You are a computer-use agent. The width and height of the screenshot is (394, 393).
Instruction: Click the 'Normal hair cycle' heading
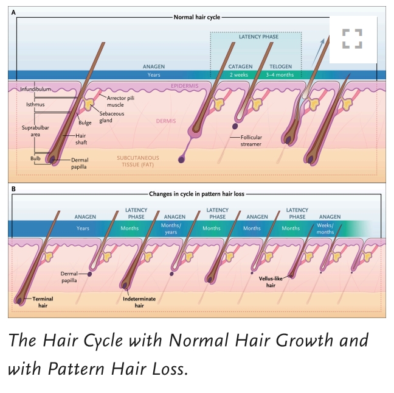tap(197, 17)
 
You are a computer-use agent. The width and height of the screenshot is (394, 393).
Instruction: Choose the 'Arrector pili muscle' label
tap(123, 101)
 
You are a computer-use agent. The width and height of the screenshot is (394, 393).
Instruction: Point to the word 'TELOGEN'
tap(279, 66)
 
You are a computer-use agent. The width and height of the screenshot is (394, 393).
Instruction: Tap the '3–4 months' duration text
tap(279, 75)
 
